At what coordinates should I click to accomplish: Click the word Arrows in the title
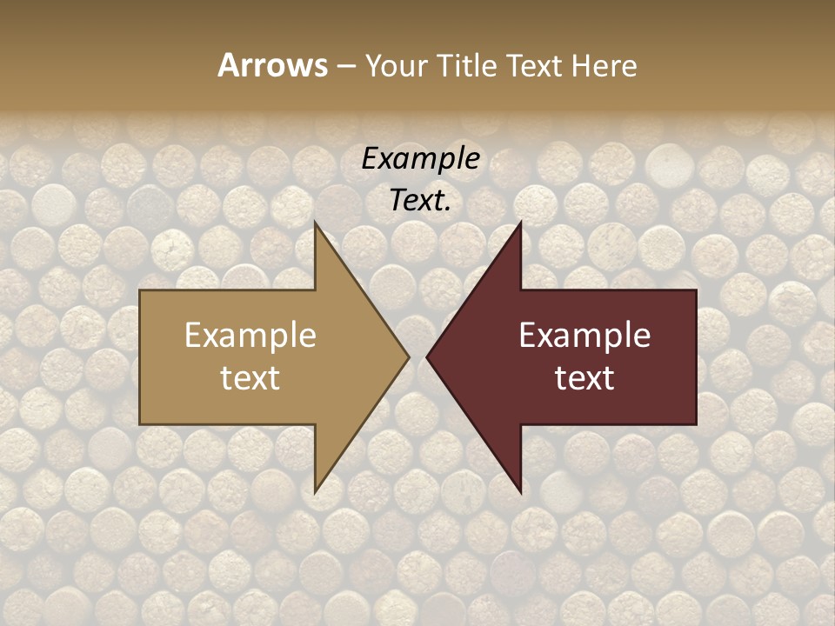point(272,65)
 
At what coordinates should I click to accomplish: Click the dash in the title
point(345,66)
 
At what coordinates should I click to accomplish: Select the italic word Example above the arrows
point(420,159)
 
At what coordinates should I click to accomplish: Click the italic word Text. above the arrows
point(420,201)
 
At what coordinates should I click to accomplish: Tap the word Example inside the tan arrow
point(250,336)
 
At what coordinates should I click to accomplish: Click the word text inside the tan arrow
point(250,378)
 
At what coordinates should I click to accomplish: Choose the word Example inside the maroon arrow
point(584,336)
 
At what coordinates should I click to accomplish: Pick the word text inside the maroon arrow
point(584,378)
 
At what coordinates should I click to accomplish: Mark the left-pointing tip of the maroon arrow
point(430,356)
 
